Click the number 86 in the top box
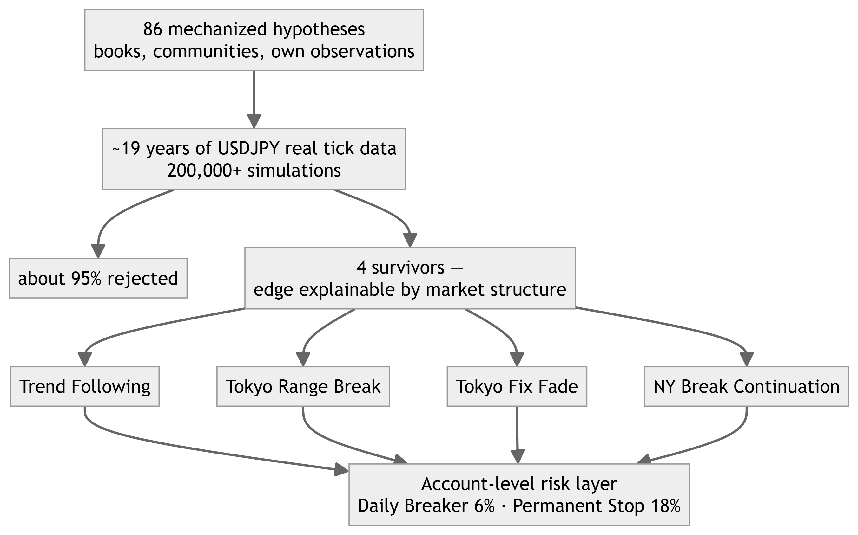pos(153,29)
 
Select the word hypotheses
pos(319,30)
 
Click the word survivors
pos(408,267)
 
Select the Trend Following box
pos(85,386)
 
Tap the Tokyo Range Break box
pos(303,386)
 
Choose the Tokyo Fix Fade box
pos(517,386)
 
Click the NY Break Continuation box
pos(746,386)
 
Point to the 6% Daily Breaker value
pos(484,506)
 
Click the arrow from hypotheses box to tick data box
pos(254,99)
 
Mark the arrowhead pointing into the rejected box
pos(98,251)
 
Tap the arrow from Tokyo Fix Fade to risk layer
pos(517,435)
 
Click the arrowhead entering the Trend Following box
pos(85,359)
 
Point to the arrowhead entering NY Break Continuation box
pos(746,359)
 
